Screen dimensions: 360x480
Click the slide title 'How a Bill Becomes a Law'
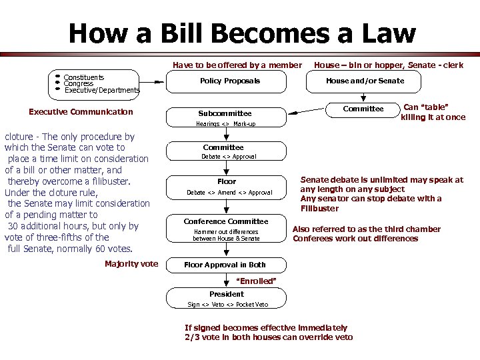coord(241,33)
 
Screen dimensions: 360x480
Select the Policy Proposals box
coord(230,81)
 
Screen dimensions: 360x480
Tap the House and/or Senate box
coord(365,81)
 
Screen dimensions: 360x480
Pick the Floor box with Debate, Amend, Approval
coord(227,186)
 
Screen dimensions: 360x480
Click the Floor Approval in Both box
coord(225,265)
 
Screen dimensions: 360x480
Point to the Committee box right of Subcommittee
coord(363,109)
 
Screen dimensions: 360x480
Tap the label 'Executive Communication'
coord(81,112)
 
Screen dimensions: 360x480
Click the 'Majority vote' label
coord(131,264)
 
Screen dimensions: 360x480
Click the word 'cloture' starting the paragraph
coord(18,137)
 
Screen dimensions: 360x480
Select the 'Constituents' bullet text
coord(83,77)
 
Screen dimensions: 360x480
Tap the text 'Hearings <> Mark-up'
coord(225,124)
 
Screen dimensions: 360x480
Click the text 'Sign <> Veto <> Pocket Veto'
coord(228,305)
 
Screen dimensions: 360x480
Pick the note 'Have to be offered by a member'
coord(237,65)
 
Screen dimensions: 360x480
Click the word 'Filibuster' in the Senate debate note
coord(319,208)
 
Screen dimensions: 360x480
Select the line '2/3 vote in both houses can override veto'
coord(269,337)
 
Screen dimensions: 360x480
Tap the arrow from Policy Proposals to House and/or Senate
coord(297,81)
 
